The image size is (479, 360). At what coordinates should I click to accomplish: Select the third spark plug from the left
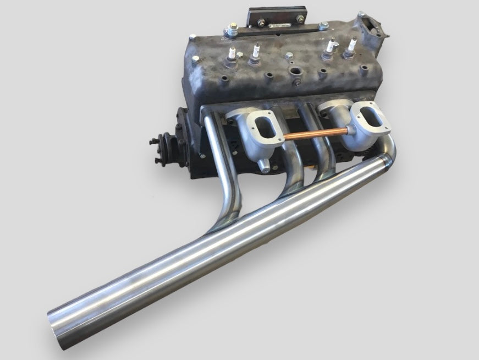(x=331, y=47)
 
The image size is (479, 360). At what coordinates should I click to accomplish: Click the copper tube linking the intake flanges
(x=313, y=134)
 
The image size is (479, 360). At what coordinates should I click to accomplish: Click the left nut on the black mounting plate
(x=260, y=23)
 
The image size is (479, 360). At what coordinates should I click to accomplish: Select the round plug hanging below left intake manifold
(x=263, y=165)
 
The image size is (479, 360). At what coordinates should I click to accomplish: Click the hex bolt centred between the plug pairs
(x=289, y=55)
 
